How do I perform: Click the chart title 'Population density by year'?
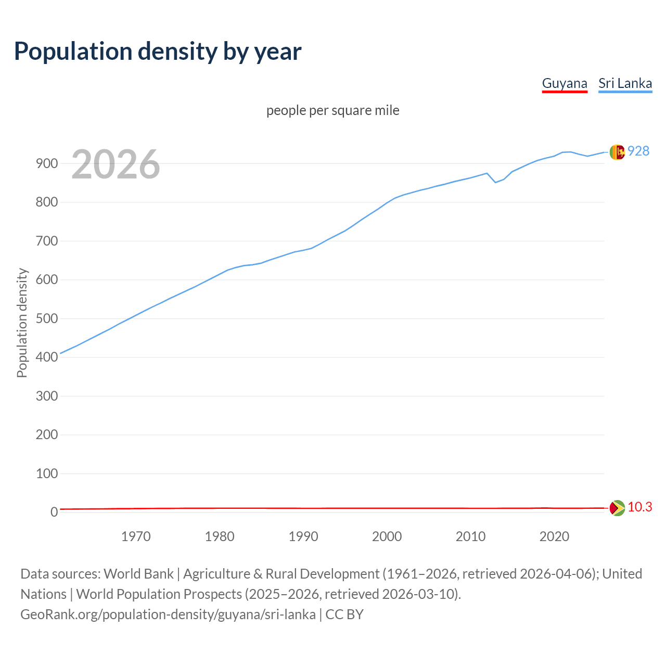pyautogui.click(x=158, y=51)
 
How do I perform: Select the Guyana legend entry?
pyautogui.click(x=565, y=83)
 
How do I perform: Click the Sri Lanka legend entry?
pyautogui.click(x=625, y=83)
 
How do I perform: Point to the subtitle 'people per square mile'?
pyautogui.click(x=333, y=110)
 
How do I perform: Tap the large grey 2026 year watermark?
pyautogui.click(x=116, y=164)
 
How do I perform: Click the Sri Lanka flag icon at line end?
pyautogui.click(x=617, y=152)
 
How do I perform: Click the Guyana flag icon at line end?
pyautogui.click(x=617, y=508)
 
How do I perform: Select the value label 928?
pyautogui.click(x=638, y=151)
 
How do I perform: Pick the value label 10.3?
pyautogui.click(x=640, y=507)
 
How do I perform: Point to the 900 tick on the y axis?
pyautogui.click(x=46, y=163)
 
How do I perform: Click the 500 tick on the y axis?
pyautogui.click(x=46, y=318)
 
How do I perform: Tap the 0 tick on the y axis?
pyautogui.click(x=54, y=512)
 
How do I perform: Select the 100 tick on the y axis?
pyautogui.click(x=46, y=473)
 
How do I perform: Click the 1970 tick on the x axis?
pyautogui.click(x=136, y=536)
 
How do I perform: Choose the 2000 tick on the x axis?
pyautogui.click(x=387, y=536)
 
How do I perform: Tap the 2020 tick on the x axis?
pyautogui.click(x=554, y=536)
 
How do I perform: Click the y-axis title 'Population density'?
pyautogui.click(x=22, y=323)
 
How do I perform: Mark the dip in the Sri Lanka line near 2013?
pyautogui.click(x=495, y=182)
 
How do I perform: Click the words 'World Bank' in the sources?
pyautogui.click(x=138, y=573)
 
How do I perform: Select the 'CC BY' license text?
pyautogui.click(x=344, y=614)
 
